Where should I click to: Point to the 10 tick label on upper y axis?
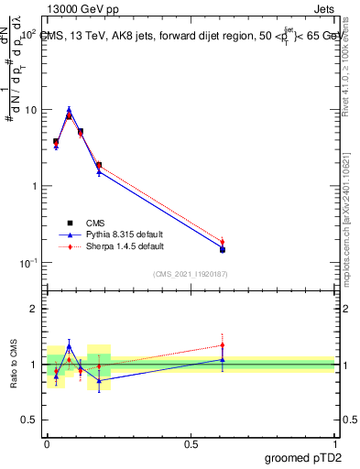pos(31,110)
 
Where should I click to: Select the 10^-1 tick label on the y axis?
pos(29,263)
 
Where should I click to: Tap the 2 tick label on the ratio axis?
pos(33,309)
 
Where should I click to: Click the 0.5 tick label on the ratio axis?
pos(29,420)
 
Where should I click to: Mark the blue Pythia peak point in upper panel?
pos(69,109)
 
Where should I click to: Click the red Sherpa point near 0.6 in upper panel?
pos(223,242)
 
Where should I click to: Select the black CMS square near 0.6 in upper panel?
pos(223,249)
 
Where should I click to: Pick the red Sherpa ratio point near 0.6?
pos(223,345)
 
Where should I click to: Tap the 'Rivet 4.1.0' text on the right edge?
pos(353,60)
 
